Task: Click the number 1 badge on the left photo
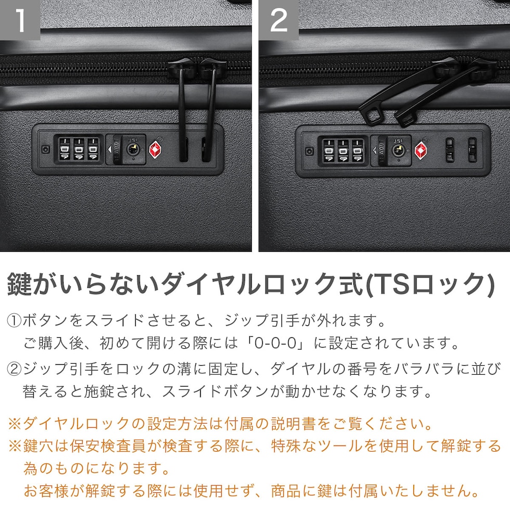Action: pos(20,20)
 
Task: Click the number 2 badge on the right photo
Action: pos(279,20)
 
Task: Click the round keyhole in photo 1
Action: pos(133,149)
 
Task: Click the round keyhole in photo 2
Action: pos(398,150)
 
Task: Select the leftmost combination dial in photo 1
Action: pos(65,149)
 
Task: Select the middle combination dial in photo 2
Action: pos(343,150)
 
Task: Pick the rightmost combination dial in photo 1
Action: pos(93,149)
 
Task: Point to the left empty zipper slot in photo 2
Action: pos(450,150)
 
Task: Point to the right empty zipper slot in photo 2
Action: pos(472,150)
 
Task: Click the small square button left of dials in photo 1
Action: pos(46,149)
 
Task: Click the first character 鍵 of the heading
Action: pos(20,284)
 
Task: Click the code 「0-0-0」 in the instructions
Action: pos(276,343)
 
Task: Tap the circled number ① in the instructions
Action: pos(14,321)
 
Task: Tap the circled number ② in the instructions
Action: pos(14,369)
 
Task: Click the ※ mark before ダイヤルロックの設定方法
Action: pos(15,424)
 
